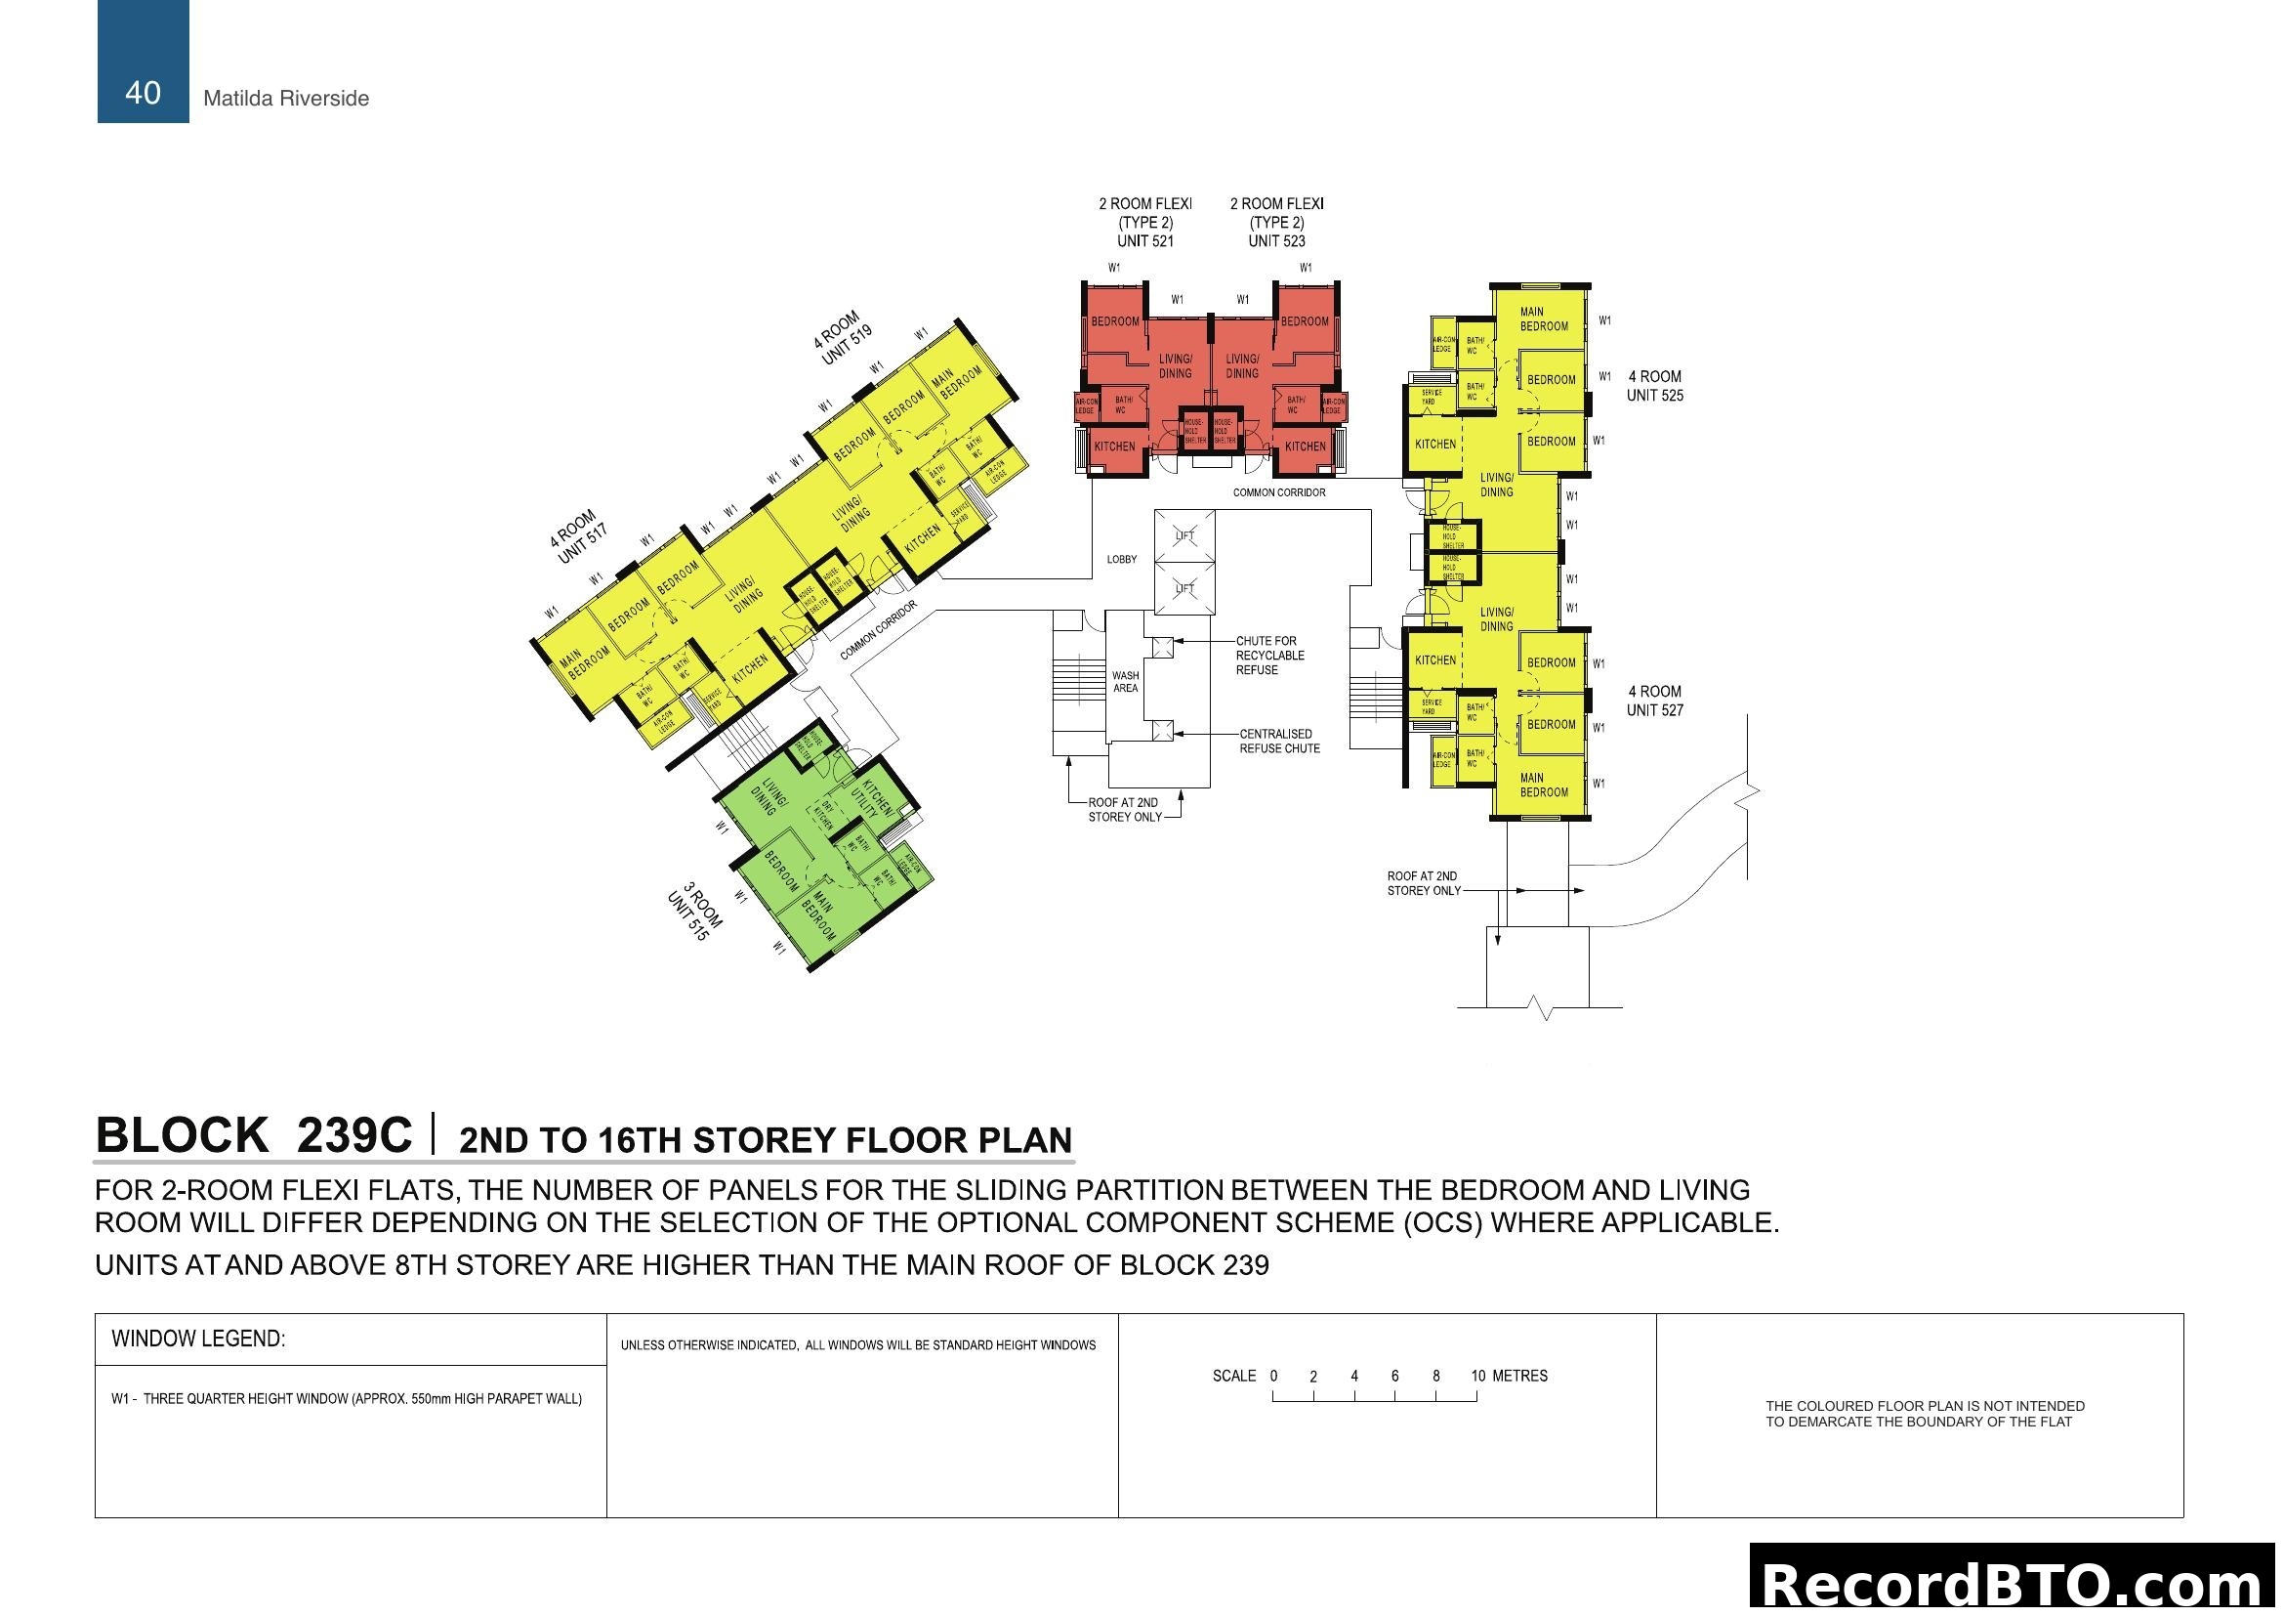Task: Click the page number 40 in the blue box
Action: tap(143, 93)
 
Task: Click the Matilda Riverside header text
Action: tap(285, 99)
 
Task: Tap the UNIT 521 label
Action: tap(1145, 240)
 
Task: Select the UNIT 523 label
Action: tap(1276, 240)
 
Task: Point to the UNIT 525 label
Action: tap(1654, 395)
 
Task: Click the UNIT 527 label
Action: tap(1654, 709)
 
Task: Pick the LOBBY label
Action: tap(1121, 559)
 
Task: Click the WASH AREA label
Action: tap(1125, 682)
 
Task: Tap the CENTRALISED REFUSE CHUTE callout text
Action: tap(1278, 742)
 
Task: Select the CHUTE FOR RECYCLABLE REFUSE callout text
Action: tap(1269, 656)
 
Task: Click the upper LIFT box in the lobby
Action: tap(1184, 535)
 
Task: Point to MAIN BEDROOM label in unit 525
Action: tap(1543, 319)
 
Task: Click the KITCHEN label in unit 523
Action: tap(1305, 447)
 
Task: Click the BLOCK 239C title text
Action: tap(254, 1135)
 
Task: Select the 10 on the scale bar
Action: tap(1477, 1377)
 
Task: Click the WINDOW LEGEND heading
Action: tap(198, 1340)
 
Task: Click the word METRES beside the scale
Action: tap(1519, 1377)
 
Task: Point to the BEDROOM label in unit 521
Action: tap(1114, 321)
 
